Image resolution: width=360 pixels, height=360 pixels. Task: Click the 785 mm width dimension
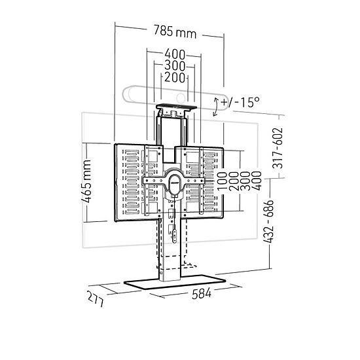pyautogui.click(x=175, y=31)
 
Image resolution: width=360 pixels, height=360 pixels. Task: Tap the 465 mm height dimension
pyautogui.click(x=86, y=182)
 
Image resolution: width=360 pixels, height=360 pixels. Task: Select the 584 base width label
pyautogui.click(x=202, y=293)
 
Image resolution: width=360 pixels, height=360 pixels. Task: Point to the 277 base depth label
pyautogui.click(x=96, y=298)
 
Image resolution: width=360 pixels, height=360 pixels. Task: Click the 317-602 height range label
pyautogui.click(x=278, y=148)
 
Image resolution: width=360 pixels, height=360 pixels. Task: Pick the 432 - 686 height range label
pyautogui.click(x=268, y=221)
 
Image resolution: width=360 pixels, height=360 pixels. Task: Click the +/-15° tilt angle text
pyautogui.click(x=240, y=102)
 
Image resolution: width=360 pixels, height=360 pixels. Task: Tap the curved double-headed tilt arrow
pyautogui.click(x=215, y=107)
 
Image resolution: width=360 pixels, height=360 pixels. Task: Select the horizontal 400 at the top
pyautogui.click(x=175, y=54)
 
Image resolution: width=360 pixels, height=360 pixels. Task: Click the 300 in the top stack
pyautogui.click(x=175, y=65)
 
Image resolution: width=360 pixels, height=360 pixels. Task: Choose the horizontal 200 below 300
pyautogui.click(x=175, y=77)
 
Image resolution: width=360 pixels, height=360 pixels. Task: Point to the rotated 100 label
pyautogui.click(x=222, y=181)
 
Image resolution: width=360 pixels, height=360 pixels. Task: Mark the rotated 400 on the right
pyautogui.click(x=257, y=181)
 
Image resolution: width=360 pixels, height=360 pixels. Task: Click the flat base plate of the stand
pyautogui.click(x=175, y=282)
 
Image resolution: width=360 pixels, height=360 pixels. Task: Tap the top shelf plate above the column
pyautogui.click(x=176, y=107)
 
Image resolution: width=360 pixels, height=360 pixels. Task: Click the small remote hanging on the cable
pyautogui.click(x=175, y=236)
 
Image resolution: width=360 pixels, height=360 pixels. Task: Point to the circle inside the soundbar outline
pyautogui.click(x=181, y=98)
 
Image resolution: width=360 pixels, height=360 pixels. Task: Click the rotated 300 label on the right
pyautogui.click(x=245, y=181)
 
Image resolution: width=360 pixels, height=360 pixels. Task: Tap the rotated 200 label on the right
pyautogui.click(x=234, y=181)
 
